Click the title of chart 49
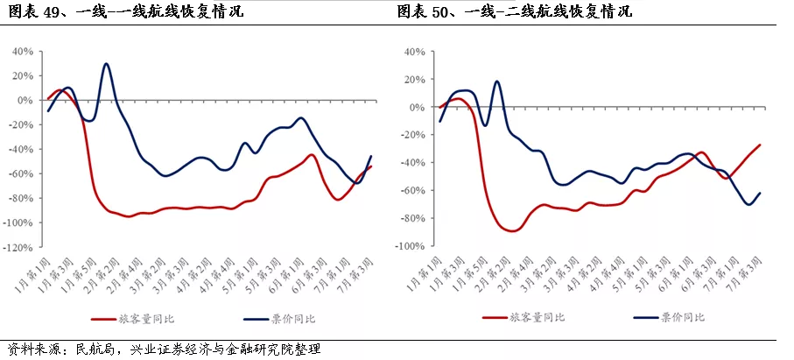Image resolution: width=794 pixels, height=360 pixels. coord(125,11)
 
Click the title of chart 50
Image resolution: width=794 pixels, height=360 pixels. coord(515,11)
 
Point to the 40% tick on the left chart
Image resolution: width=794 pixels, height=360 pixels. coord(24,52)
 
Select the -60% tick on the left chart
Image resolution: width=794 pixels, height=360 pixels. coord(21,174)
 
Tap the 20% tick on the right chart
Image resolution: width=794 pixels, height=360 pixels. coord(416,80)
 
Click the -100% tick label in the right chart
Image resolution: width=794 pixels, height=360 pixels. coord(411,246)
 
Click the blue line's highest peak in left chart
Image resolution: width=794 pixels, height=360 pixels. coord(106,64)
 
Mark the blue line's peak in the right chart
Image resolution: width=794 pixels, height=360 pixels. coord(496,81)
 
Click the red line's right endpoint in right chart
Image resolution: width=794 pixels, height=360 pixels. coord(760,145)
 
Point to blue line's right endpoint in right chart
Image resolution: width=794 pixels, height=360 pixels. coord(760,193)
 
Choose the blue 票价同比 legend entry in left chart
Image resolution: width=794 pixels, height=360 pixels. coord(279,319)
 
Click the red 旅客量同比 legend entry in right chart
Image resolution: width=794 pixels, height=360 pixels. coord(523,317)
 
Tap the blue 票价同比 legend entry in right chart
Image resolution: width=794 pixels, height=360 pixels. coord(669,317)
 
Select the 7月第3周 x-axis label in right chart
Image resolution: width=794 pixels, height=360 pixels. coord(746,273)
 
